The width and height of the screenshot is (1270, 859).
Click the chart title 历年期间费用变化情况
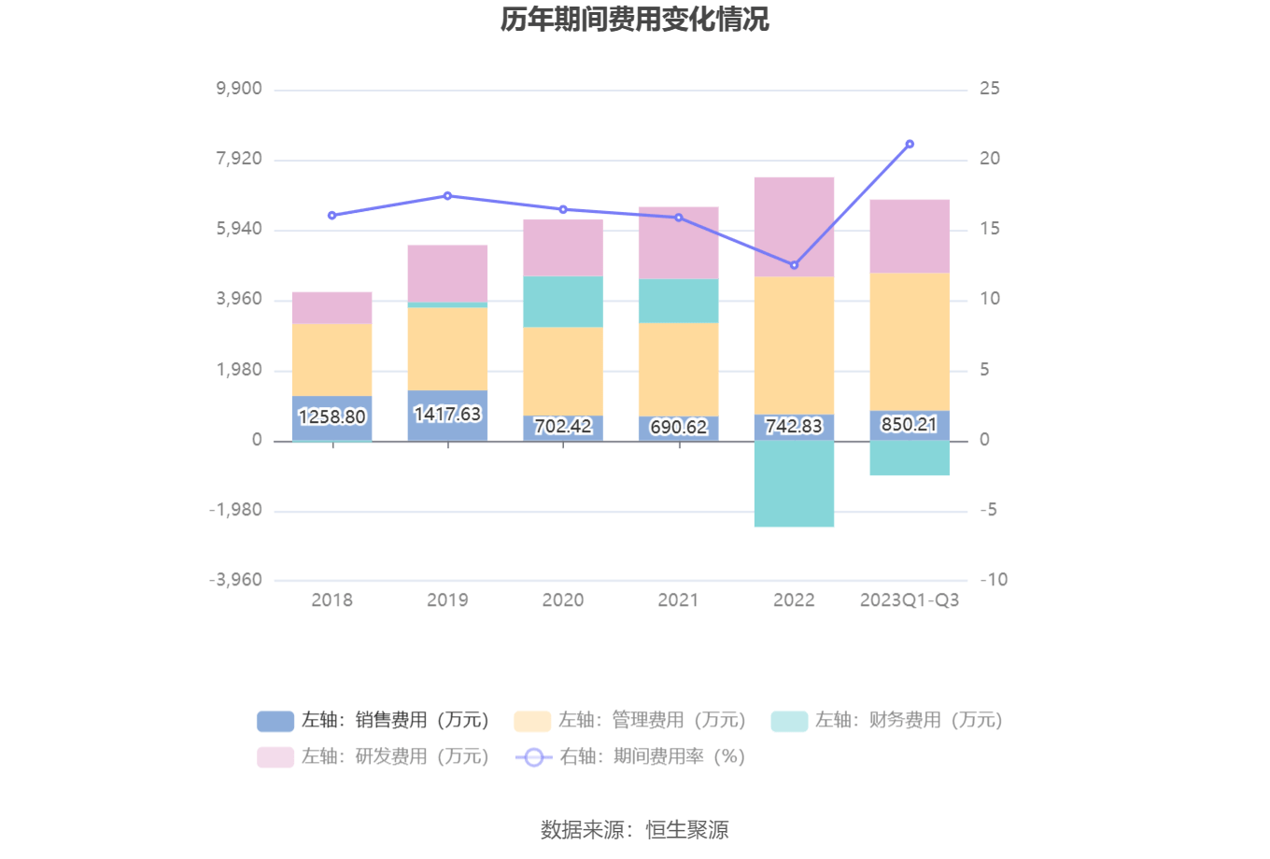tap(634, 20)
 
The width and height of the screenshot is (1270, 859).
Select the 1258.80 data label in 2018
tap(332, 416)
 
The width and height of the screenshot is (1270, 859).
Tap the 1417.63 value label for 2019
tap(447, 414)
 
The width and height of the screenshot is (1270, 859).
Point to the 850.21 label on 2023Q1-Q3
tap(909, 424)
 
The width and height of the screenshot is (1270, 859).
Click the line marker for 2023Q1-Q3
tap(910, 144)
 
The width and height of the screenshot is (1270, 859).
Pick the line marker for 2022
tap(794, 265)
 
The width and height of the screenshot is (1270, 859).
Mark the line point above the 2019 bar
tap(447, 196)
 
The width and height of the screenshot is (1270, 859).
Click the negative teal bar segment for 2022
tap(794, 484)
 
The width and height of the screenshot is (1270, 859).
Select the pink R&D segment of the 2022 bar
tap(794, 227)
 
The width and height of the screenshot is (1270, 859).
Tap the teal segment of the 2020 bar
tap(563, 302)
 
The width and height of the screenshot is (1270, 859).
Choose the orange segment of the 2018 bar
tap(332, 359)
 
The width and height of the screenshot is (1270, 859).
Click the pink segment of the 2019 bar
tap(447, 274)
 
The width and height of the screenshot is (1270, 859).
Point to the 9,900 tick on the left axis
tap(239, 89)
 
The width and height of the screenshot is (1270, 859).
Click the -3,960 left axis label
tap(235, 580)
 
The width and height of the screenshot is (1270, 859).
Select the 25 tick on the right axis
tap(989, 89)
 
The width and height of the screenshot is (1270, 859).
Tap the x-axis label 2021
tap(678, 600)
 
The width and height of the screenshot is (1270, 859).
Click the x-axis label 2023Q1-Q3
tap(909, 600)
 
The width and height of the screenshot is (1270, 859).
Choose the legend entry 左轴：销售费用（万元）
tap(374, 721)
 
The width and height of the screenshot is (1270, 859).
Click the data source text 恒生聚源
tap(687, 829)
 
